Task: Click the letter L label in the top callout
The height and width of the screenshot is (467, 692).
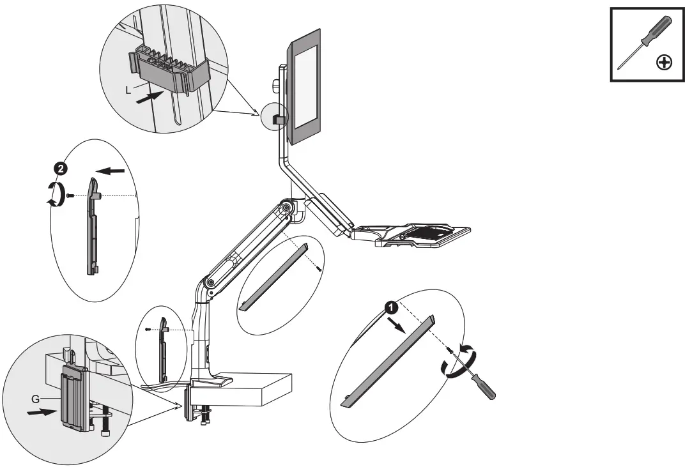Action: (x=128, y=91)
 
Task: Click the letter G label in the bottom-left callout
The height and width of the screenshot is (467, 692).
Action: (x=35, y=398)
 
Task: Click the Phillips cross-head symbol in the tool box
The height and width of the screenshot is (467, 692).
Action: (x=665, y=62)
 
